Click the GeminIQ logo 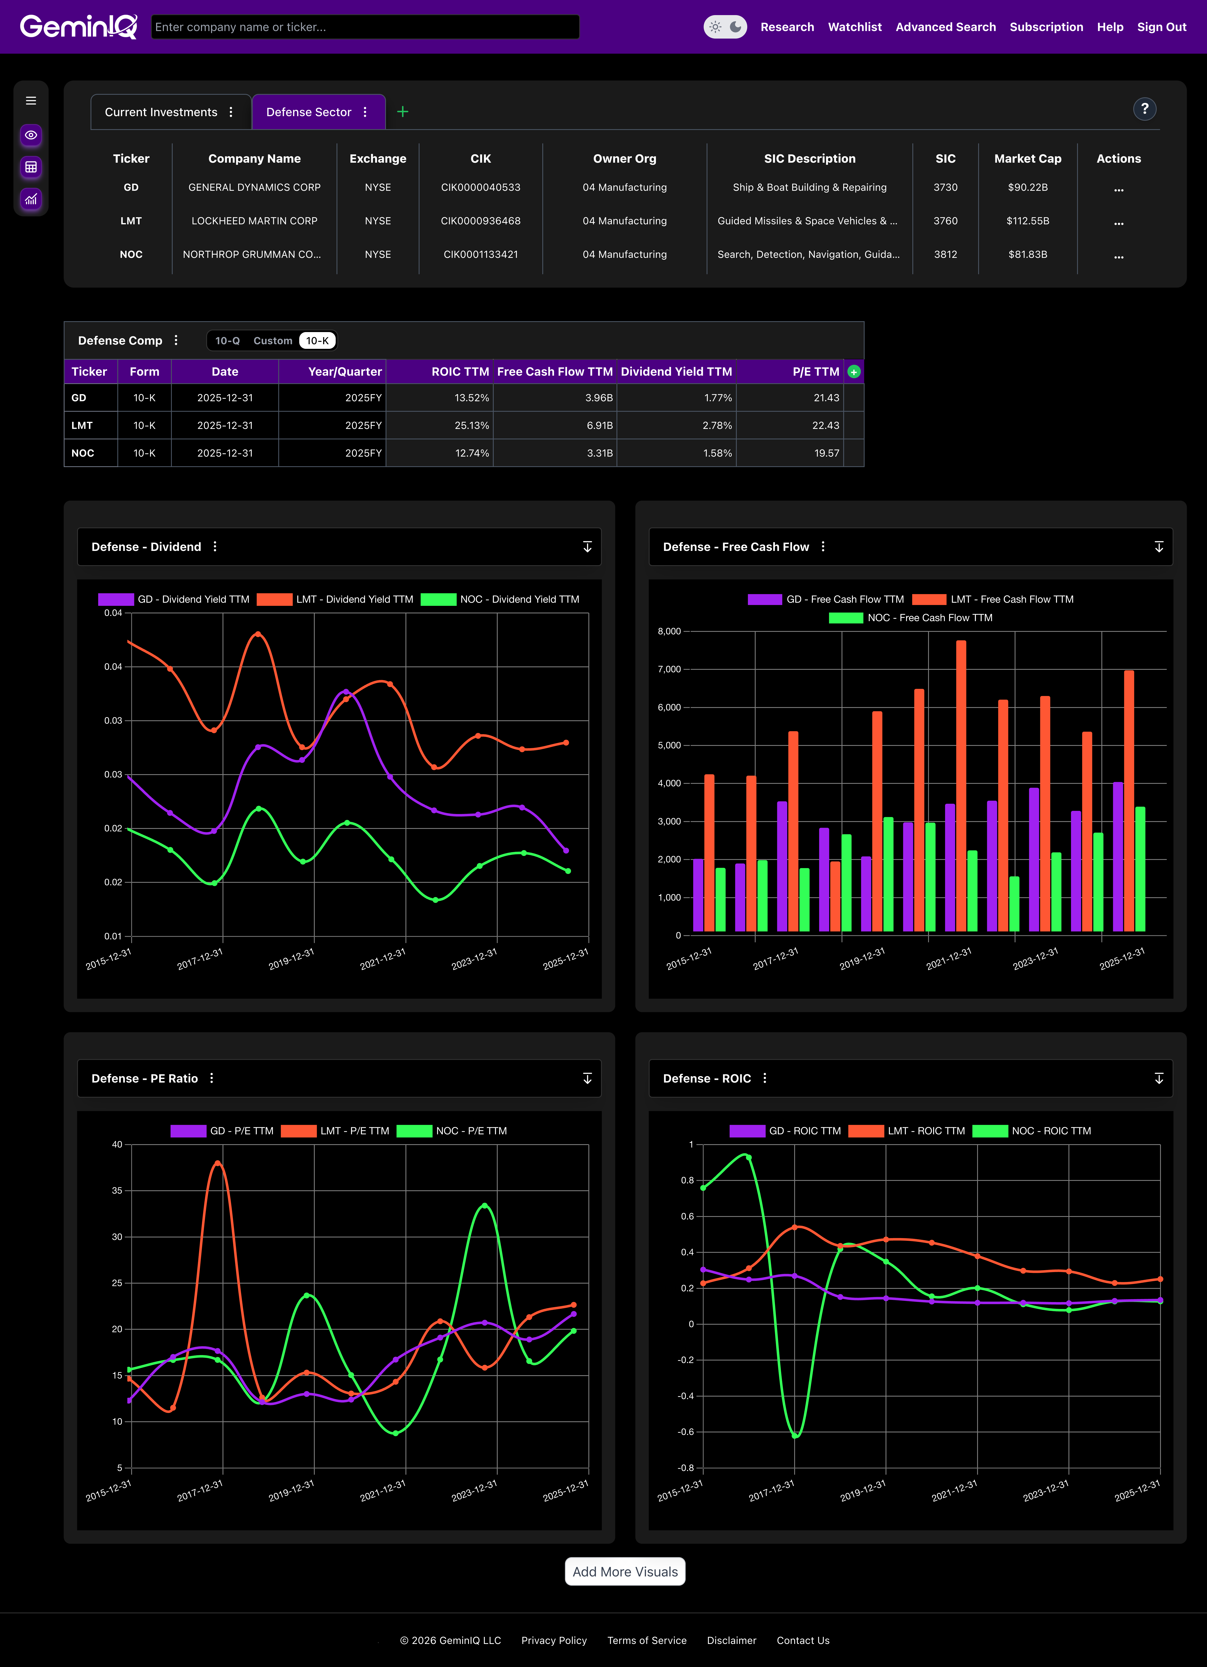click(78, 27)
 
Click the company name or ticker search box click(365, 27)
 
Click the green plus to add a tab click(403, 112)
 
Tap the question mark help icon click(1144, 109)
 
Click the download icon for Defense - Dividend click(587, 547)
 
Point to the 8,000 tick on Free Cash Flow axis click(668, 631)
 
